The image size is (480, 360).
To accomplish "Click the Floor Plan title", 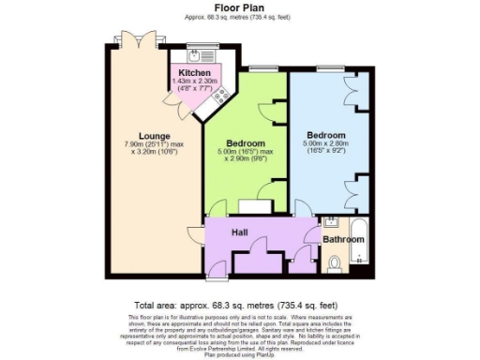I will [x=239, y=7].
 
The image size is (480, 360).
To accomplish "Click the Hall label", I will [x=240, y=232].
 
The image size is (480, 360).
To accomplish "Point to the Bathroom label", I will [x=343, y=239].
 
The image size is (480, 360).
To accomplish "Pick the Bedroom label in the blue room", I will [x=326, y=135].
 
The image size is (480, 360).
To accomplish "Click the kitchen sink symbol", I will [x=198, y=54].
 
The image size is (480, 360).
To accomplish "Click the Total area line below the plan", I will [x=240, y=307].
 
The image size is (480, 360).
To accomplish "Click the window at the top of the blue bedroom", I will [x=329, y=68].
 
